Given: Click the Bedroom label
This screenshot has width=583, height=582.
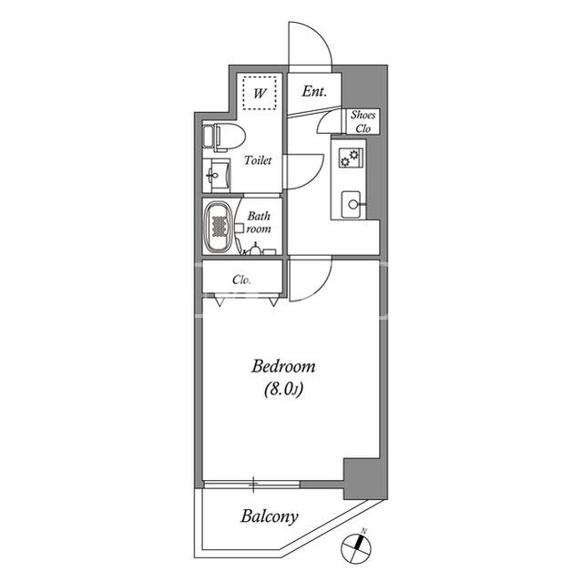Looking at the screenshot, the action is [x=283, y=366].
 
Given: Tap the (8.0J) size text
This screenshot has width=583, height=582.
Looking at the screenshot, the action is [x=283, y=390].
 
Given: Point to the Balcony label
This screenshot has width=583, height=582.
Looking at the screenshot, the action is [x=270, y=516].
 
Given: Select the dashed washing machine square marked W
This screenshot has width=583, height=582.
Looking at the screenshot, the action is [x=259, y=93].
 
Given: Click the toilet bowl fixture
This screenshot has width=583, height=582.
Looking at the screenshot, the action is [x=224, y=138].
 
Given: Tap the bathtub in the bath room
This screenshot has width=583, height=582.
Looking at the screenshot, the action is [x=219, y=227].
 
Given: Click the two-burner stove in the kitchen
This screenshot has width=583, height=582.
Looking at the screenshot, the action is [x=350, y=158].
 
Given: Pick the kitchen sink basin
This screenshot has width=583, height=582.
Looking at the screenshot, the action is [x=351, y=204].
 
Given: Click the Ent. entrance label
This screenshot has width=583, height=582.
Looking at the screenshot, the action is [x=314, y=91].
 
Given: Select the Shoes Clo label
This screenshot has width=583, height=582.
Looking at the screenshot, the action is [x=363, y=121].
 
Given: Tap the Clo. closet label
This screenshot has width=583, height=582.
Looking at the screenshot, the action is [x=241, y=280].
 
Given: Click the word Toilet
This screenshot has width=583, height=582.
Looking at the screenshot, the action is [x=258, y=160].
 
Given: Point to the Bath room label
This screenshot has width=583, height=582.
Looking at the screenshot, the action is [x=259, y=222].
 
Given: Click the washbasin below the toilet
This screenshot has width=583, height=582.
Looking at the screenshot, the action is [x=217, y=176].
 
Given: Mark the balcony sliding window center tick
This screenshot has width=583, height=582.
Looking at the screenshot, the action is [x=253, y=484].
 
